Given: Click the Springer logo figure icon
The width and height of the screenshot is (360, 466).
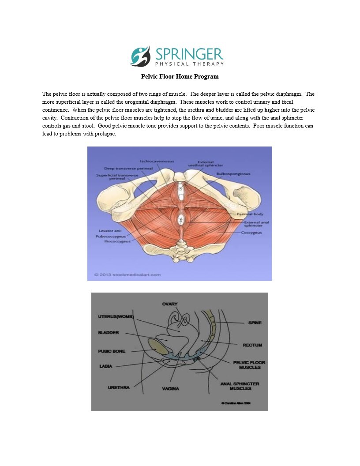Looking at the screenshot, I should coord(140,56).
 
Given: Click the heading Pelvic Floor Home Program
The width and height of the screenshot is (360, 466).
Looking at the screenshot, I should coord(180,76).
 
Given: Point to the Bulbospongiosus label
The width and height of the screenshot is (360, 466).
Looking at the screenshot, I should coord(233,174).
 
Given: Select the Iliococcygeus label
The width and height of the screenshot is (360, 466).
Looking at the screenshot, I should coord(116,241).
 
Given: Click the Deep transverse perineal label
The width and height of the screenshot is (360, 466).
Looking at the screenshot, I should coord(122,169).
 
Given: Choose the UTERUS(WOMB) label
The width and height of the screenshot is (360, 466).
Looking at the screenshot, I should coord(116,317).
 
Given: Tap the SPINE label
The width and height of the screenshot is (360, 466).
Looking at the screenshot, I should coord(255,323).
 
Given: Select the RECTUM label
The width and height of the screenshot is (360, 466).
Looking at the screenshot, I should coord(252,345).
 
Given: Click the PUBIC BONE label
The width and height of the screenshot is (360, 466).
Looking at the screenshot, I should coord(111,351).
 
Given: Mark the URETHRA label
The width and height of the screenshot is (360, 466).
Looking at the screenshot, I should coord(119,387).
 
